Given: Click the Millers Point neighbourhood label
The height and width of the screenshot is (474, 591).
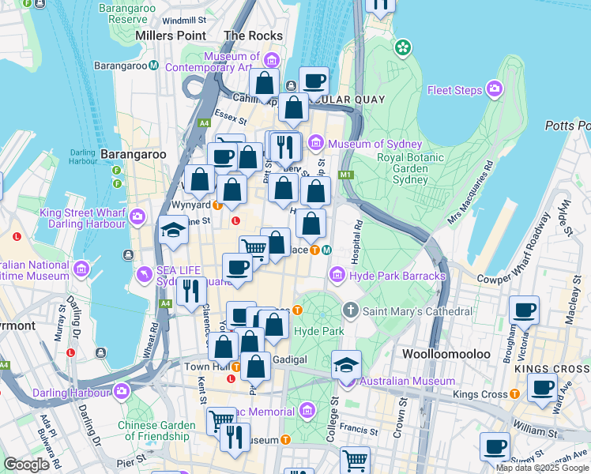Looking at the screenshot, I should point(170,36).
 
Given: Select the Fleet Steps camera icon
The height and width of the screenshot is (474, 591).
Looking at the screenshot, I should point(495,88).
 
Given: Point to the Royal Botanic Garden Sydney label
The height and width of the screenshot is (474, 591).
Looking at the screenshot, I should point(413,167).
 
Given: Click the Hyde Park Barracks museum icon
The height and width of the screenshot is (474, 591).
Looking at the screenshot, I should point(337,275).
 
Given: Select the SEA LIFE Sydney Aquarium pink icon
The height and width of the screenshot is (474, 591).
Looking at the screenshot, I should point(144,274).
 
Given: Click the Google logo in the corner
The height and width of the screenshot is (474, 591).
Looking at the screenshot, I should point(26,465).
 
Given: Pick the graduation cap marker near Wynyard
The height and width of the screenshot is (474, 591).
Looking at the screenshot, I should point(173,229).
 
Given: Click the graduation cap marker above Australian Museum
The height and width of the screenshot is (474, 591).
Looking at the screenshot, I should point(346,364).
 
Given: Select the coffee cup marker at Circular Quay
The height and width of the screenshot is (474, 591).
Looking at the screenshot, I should point(314,81).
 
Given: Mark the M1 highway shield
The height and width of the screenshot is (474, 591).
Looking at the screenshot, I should point(344,175).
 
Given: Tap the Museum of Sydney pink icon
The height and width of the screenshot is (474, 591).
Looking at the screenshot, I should point(316,143).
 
